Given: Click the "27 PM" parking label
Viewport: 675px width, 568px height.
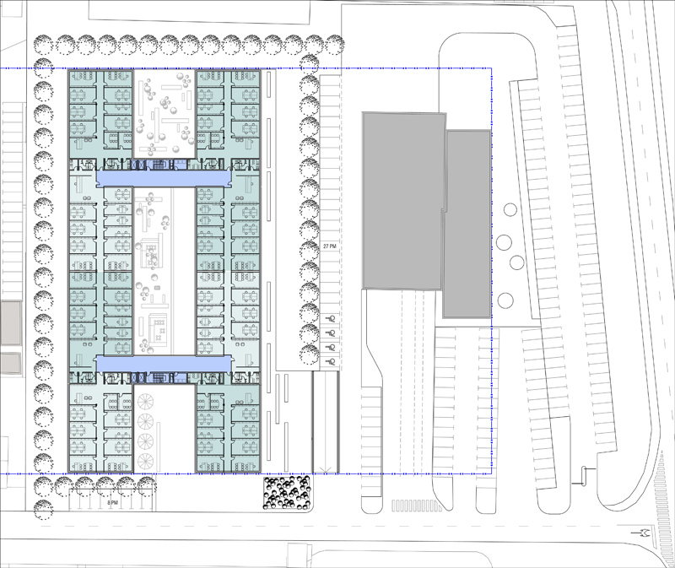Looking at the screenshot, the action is point(329,246).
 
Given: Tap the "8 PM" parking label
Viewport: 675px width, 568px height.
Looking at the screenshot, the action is point(112,502).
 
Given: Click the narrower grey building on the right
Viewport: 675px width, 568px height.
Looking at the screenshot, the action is point(467,224).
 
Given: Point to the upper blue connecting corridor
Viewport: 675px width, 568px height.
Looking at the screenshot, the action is point(164,178).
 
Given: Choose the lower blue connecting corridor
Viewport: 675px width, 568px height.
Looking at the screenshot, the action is point(164,364).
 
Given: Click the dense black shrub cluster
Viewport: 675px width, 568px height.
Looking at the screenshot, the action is point(287,492).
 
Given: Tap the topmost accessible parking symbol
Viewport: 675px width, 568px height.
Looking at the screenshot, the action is point(332,319).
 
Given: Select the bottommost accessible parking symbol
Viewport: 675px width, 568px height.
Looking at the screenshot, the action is point(331,362).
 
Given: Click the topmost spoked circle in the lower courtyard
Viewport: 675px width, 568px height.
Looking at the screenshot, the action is point(145,402).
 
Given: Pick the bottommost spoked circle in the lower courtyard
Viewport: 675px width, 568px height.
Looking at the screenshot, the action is point(145,462).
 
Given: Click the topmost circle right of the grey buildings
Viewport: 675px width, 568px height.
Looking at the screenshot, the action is point(510,210).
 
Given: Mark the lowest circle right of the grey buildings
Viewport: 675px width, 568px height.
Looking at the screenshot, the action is point(505,300).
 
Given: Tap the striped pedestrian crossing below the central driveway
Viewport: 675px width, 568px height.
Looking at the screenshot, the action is point(416,506).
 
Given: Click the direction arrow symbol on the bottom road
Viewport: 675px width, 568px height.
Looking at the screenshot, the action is point(643,533).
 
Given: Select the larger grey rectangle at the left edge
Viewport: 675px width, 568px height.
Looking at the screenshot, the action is point(10,323).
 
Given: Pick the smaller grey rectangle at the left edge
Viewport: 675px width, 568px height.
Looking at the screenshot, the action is point(10,363).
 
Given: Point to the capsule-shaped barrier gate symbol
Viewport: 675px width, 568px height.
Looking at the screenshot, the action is point(584,475).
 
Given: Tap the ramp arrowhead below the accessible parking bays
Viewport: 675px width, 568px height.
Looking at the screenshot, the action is point(326,469).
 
